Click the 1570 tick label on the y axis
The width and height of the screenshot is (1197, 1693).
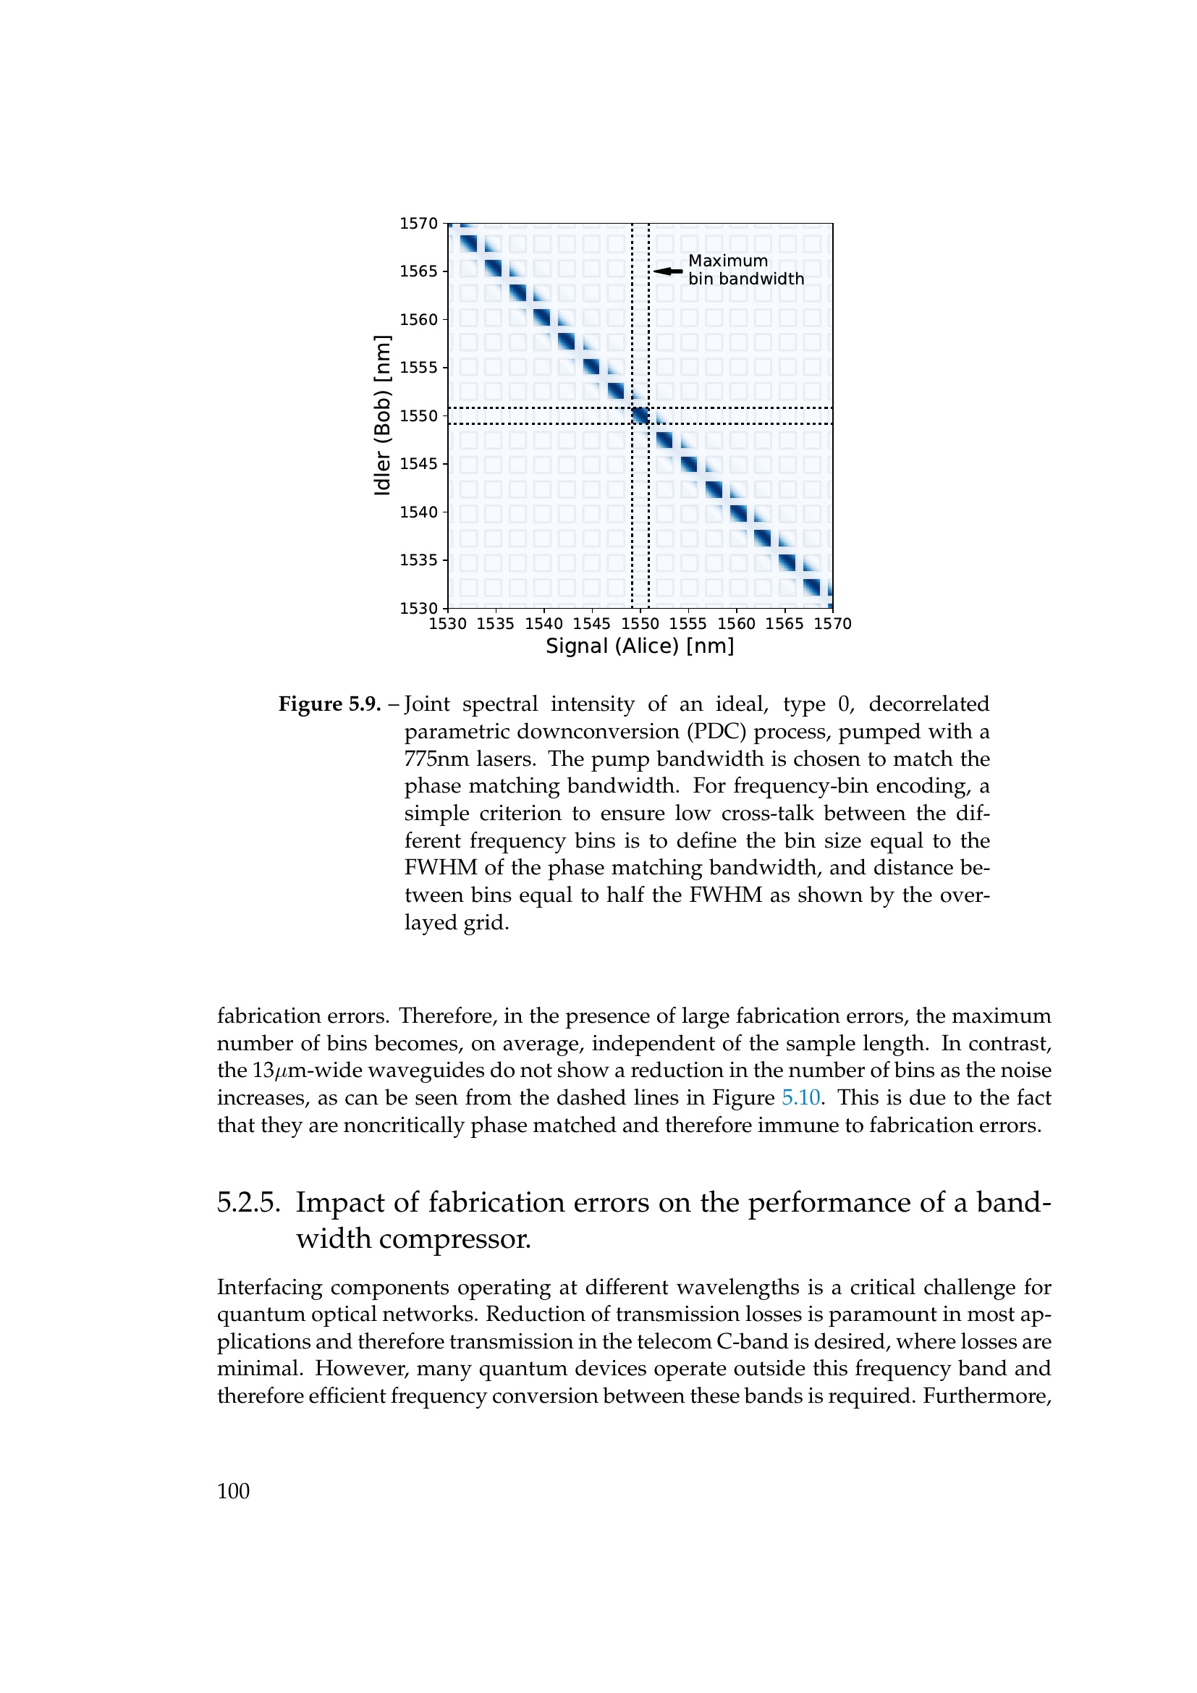[x=418, y=224]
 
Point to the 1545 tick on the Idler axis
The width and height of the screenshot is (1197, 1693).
[x=418, y=464]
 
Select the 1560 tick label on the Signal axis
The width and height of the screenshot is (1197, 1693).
[x=735, y=624]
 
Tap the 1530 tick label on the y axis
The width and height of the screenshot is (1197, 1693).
[x=418, y=608]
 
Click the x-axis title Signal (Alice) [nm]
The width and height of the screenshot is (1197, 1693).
[x=640, y=646]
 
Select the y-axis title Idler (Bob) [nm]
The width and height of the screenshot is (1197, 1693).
[x=383, y=415]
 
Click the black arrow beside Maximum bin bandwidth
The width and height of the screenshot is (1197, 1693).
[x=668, y=271]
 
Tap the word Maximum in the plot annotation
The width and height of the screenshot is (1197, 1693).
[x=727, y=261]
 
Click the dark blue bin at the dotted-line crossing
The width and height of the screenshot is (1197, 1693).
[x=640, y=416]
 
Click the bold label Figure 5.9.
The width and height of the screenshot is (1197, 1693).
[x=329, y=704]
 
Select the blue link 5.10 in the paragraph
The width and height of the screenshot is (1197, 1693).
[x=800, y=1097]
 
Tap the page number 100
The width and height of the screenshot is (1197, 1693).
[x=233, y=1491]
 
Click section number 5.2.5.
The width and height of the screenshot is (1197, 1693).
[x=248, y=1203]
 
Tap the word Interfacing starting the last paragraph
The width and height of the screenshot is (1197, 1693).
[x=269, y=1287]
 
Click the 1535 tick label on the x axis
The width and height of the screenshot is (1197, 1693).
[x=495, y=624]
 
